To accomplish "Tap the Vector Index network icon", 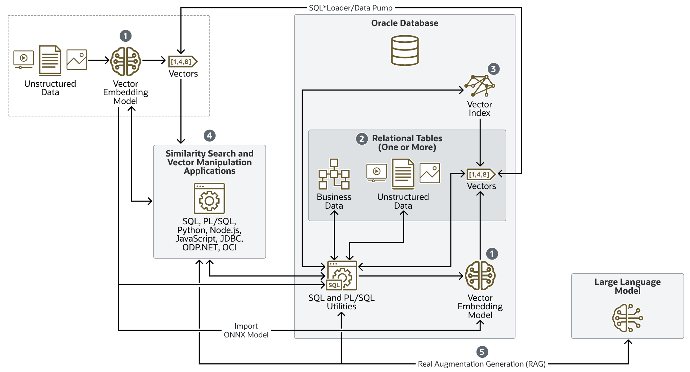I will pyautogui.click(x=479, y=86).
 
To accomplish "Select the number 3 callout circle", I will pyautogui.click(x=493, y=69).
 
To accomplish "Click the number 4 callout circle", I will pyautogui.click(x=209, y=136).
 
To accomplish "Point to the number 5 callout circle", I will pyautogui.click(x=482, y=352).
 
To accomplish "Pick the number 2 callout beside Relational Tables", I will pyautogui.click(x=362, y=139).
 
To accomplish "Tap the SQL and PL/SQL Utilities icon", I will pyautogui.click(x=342, y=275).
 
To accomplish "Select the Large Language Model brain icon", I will pyautogui.click(x=627, y=318).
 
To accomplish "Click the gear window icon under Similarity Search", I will pyautogui.click(x=209, y=199).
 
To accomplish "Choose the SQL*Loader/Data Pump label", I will pyautogui.click(x=350, y=8).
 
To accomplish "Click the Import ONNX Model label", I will pyautogui.click(x=246, y=330).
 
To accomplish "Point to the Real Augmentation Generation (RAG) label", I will pyautogui.click(x=481, y=364).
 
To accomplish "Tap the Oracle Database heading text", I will pyautogui.click(x=405, y=23).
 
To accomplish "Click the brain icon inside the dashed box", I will pyautogui.click(x=125, y=61).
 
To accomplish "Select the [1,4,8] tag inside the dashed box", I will pyautogui.click(x=183, y=62).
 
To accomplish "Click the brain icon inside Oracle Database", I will pyautogui.click(x=480, y=275).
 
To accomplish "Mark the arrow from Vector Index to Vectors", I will pyautogui.click(x=480, y=142).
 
